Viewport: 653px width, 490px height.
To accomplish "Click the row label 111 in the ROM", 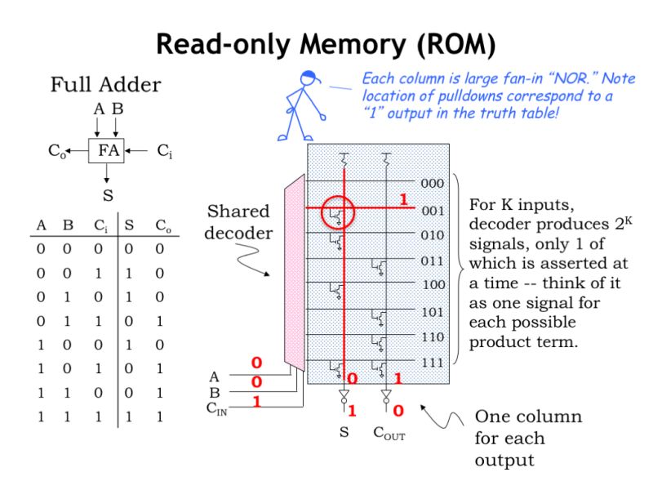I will click(432, 362).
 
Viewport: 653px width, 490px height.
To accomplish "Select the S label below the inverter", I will click(344, 433).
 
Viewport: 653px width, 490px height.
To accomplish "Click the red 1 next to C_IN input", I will click(256, 402).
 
